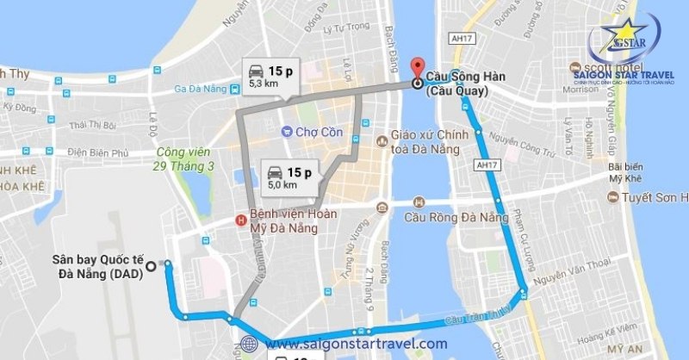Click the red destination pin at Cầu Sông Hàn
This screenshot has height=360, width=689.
pos(418,67)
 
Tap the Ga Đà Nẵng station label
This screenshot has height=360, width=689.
pos(200,88)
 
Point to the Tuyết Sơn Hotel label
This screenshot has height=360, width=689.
pos(655,198)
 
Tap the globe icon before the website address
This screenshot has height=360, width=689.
pos(250,344)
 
